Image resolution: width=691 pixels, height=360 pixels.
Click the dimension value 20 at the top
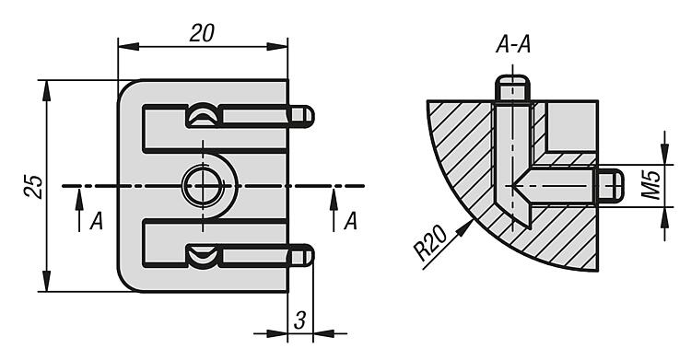203,33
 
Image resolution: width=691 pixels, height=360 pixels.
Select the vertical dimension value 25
33,187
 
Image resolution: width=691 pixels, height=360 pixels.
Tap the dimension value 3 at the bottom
299,320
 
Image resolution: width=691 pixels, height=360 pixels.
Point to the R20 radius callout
430,243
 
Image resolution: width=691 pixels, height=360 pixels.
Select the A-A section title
513,45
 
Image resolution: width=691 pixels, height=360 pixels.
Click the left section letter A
96,221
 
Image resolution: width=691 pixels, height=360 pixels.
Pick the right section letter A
350,221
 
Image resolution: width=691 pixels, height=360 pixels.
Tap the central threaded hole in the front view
203,186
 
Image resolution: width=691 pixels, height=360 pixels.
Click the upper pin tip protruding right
301,116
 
